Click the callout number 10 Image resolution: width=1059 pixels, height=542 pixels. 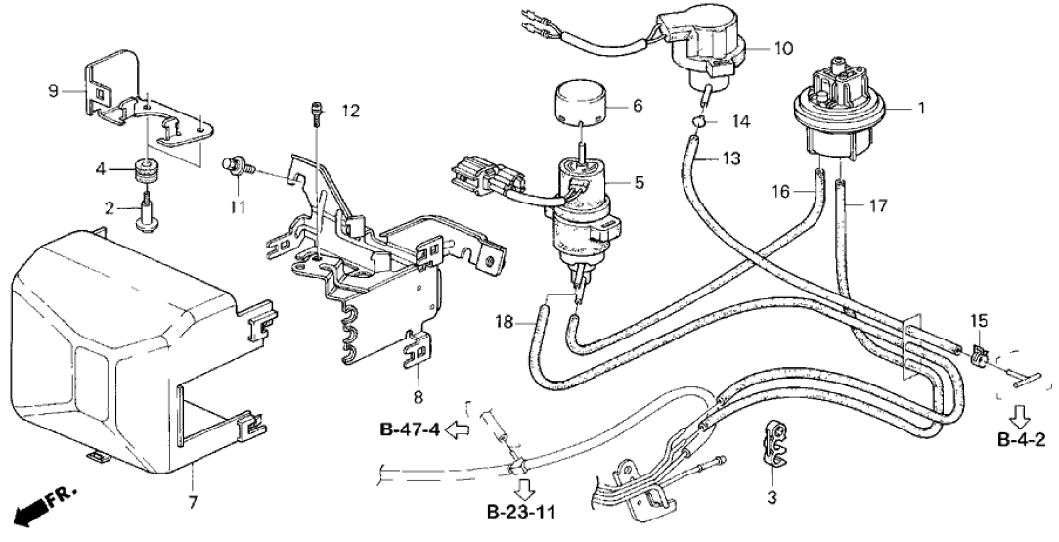pyautogui.click(x=784, y=47)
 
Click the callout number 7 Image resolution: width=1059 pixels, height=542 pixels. pyautogui.click(x=191, y=502)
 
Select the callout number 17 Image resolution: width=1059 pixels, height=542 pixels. pyautogui.click(x=879, y=205)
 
